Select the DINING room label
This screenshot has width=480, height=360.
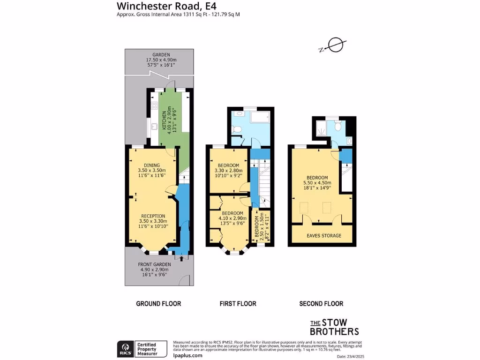tap(152, 165)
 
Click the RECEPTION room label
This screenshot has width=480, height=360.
tap(153, 216)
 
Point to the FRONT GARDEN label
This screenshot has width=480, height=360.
tap(156, 264)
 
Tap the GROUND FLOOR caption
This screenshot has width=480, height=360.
tap(158, 304)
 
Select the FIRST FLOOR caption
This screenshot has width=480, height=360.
tap(238, 304)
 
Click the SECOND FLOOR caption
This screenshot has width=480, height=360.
tap(321, 304)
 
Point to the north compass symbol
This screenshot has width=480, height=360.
tap(335, 45)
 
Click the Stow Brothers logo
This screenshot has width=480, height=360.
tap(335, 327)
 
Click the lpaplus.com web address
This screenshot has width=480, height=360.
tap(187, 355)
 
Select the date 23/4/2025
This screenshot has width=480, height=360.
tap(354, 357)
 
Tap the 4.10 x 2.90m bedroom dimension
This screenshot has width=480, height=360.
tap(232, 218)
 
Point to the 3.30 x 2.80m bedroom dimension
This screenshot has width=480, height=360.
tap(227, 171)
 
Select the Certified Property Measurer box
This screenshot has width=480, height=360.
tap(150, 349)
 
